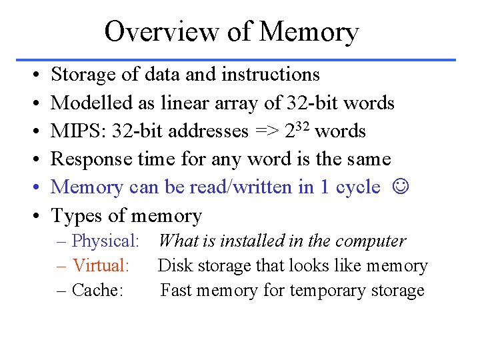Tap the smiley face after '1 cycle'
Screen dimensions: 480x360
click(x=399, y=187)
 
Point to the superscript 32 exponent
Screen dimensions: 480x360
click(x=303, y=126)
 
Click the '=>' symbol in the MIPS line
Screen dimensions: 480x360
click(x=267, y=131)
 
